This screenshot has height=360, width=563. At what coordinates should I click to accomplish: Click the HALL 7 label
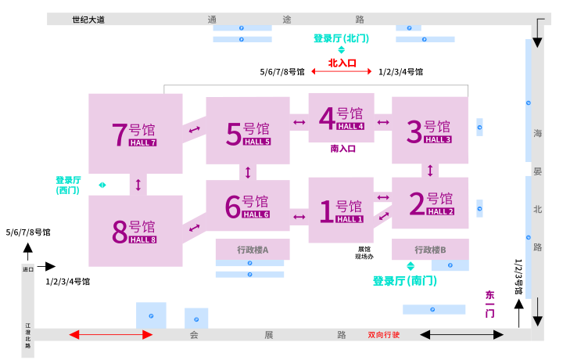(142, 142)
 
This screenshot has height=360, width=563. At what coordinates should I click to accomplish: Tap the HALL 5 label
(256, 142)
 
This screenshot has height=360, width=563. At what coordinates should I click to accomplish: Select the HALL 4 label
(350, 126)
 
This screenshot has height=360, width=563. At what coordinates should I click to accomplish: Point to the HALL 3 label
(438, 139)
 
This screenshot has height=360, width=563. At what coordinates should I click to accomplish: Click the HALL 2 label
(440, 211)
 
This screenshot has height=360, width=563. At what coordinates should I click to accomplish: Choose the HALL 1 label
(350, 219)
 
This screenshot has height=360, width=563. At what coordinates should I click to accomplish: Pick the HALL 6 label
(256, 214)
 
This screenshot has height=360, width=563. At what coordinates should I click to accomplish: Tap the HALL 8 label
(142, 239)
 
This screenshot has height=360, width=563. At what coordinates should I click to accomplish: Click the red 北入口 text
(342, 62)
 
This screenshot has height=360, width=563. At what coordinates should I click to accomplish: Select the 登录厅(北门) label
(341, 38)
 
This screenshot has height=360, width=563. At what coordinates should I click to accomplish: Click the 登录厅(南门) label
(404, 280)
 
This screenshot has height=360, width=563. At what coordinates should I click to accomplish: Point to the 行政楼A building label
(253, 250)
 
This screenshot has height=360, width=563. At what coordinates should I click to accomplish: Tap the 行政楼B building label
(430, 250)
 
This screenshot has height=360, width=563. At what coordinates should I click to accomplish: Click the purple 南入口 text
(343, 149)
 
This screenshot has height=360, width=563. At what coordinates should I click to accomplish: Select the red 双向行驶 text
(384, 335)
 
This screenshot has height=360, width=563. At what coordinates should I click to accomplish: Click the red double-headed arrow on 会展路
(110, 335)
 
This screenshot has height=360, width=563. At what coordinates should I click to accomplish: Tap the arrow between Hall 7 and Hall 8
(138, 185)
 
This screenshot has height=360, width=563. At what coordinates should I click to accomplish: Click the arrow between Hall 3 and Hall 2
(429, 170)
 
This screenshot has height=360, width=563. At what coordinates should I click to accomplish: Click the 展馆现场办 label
(364, 253)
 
